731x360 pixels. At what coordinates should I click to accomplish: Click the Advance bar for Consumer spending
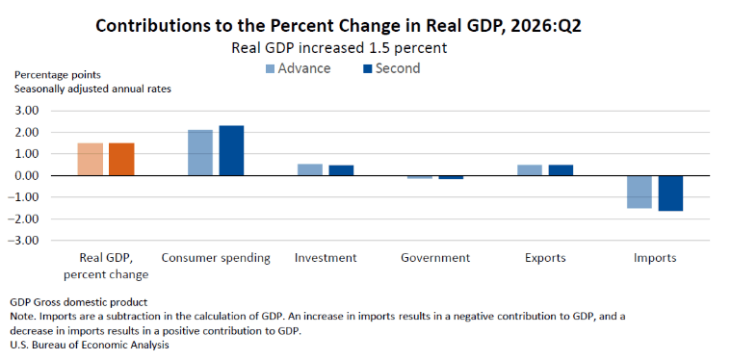click(200, 152)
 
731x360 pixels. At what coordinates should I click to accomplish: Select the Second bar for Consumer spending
click(231, 150)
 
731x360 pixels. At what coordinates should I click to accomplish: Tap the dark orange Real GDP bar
click(121, 159)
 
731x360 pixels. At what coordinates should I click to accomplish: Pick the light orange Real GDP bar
click(91, 159)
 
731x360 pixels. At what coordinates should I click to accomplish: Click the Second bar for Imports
click(670, 193)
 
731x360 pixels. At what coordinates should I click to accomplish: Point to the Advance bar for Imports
click(640, 192)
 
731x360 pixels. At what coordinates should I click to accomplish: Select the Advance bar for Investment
click(310, 169)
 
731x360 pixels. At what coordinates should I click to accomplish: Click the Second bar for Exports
click(561, 170)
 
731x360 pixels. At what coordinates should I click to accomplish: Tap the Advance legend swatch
click(270, 69)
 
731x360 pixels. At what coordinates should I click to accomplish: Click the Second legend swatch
click(367, 69)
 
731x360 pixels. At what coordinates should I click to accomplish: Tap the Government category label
click(435, 258)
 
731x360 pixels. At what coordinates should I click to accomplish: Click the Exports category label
click(545, 259)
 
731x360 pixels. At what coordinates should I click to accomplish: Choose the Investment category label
click(326, 258)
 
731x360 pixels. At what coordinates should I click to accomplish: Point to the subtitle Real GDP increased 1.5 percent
click(339, 48)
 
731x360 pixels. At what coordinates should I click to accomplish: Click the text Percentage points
click(58, 75)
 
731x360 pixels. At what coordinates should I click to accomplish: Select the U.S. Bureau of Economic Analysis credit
click(89, 346)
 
